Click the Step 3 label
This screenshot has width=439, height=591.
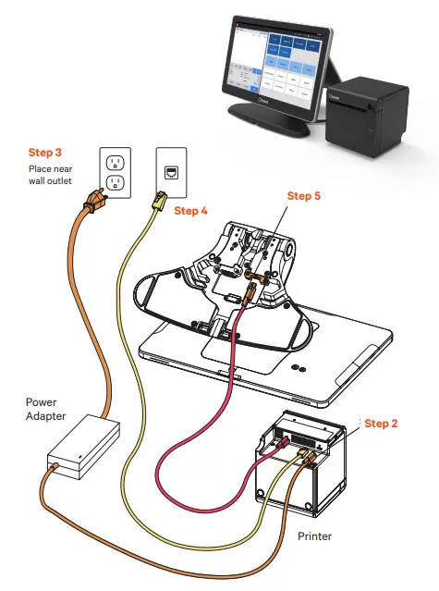44,152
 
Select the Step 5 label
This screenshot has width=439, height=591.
304,196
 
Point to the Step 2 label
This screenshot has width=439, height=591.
381,424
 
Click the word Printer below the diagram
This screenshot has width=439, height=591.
315,535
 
